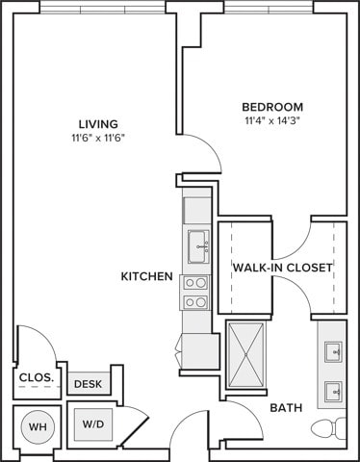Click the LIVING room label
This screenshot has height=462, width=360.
98,124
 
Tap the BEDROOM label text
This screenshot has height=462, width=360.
272,107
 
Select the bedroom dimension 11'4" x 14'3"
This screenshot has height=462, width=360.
272,121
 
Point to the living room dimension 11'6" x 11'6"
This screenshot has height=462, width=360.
98,139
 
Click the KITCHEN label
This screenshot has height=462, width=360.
147,276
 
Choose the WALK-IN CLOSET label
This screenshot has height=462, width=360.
283,268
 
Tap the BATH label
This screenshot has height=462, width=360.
286,408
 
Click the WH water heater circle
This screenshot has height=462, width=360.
38,426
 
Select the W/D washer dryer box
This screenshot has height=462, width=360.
93,424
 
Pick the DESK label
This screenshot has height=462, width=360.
88,384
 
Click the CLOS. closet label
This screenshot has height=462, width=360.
37,377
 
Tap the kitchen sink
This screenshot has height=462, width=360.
198,246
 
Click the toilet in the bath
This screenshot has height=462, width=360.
328,428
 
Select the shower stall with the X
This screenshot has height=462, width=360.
246,354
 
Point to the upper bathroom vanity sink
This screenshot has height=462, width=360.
333,352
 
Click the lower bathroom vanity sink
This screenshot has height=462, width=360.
333,392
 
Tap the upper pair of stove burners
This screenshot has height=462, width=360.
195,283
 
